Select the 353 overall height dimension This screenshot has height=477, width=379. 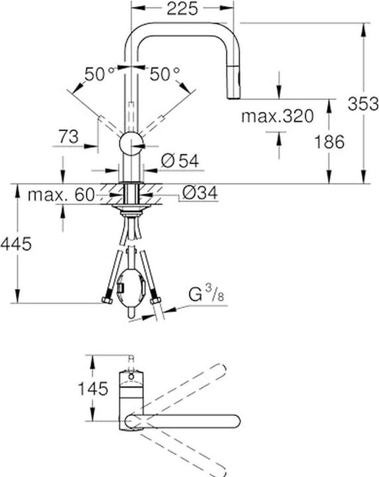point(364,103)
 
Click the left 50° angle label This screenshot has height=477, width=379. point(100,74)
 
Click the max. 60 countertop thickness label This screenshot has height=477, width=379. point(60,195)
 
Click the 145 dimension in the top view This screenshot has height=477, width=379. point(92,389)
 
